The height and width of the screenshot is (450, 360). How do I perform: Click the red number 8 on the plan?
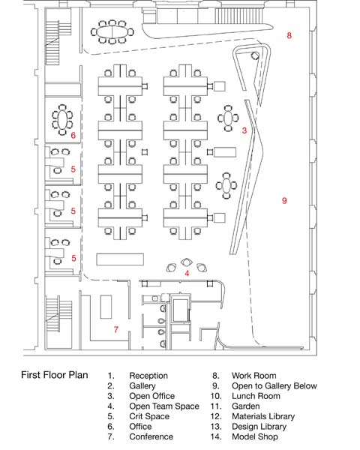(289, 35)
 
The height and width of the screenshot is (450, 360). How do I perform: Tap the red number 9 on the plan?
(284, 200)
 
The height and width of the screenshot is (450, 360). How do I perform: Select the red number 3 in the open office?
(244, 130)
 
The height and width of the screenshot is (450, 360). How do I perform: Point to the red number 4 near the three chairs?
(187, 273)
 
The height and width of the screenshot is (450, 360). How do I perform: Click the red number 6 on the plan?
(73, 135)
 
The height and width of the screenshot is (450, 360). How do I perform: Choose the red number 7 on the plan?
(116, 329)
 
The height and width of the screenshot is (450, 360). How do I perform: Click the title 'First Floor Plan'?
(55, 375)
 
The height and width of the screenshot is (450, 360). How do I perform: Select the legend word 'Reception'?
(148, 376)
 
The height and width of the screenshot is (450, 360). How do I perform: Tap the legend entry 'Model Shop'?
(255, 436)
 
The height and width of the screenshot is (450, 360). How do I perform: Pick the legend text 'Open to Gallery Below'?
(274, 386)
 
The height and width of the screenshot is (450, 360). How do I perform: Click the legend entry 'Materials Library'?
(263, 416)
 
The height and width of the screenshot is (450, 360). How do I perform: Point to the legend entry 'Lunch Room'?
(256, 396)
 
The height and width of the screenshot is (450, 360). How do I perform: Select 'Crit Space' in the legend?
(149, 416)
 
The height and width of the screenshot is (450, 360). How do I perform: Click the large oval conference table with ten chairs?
(112, 31)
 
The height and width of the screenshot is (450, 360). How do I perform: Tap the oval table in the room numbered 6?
(62, 120)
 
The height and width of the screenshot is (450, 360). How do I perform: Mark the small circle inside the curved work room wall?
(255, 55)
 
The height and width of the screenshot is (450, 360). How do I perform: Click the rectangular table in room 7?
(106, 307)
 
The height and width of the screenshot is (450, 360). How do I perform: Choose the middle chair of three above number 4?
(187, 262)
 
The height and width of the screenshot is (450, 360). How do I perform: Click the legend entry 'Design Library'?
(259, 427)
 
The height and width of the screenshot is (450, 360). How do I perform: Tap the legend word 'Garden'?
(246, 406)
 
